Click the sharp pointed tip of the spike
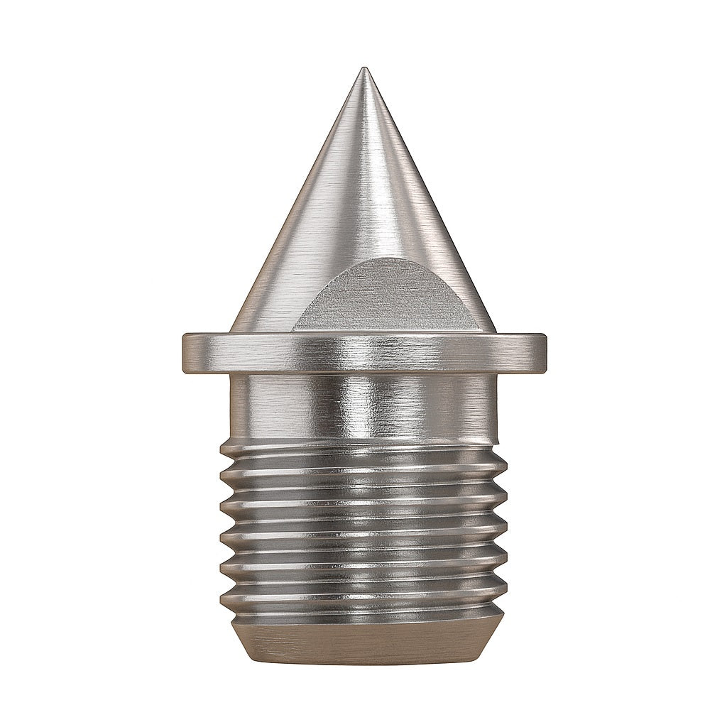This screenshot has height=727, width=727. click(x=364, y=70)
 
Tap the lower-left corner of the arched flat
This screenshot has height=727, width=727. click(x=293, y=329)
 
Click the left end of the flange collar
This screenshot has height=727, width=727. click(x=184, y=353)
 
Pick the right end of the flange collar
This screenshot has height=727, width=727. click(x=545, y=353)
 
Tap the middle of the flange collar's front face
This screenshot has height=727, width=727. click(x=364, y=353)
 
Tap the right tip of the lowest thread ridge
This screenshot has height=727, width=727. click(x=505, y=596)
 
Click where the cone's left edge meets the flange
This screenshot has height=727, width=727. click(x=231, y=332)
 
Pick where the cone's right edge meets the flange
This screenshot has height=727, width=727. click(x=495, y=332)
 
